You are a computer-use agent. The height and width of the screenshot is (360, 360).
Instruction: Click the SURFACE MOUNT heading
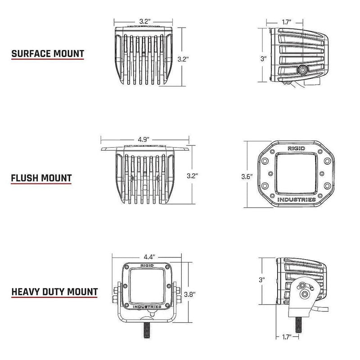pyautogui.click(x=48, y=54)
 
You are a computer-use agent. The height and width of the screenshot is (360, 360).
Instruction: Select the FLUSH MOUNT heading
pyautogui.click(x=41, y=177)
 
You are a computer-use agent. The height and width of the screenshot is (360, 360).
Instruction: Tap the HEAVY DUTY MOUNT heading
pyautogui.click(x=54, y=292)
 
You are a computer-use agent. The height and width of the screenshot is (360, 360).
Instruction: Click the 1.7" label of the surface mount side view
pyautogui.click(x=285, y=22)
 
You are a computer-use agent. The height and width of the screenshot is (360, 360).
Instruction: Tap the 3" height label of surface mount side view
pyautogui.click(x=264, y=58)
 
